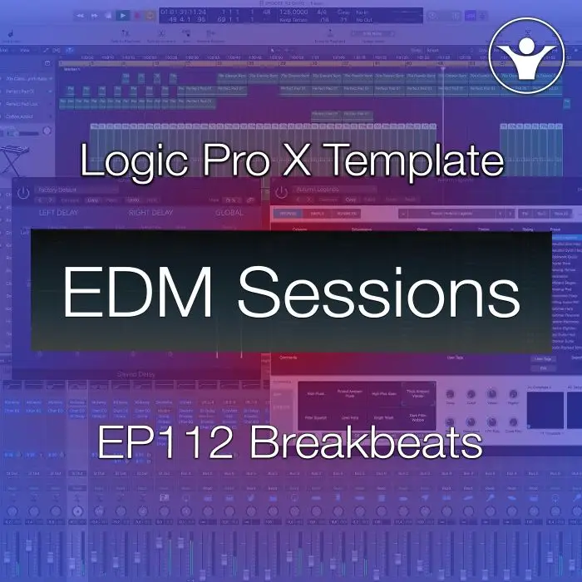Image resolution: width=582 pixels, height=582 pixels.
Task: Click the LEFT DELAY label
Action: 63,213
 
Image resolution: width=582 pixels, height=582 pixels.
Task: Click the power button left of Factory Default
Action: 23,192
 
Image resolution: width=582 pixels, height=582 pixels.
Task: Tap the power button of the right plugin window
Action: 282,192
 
